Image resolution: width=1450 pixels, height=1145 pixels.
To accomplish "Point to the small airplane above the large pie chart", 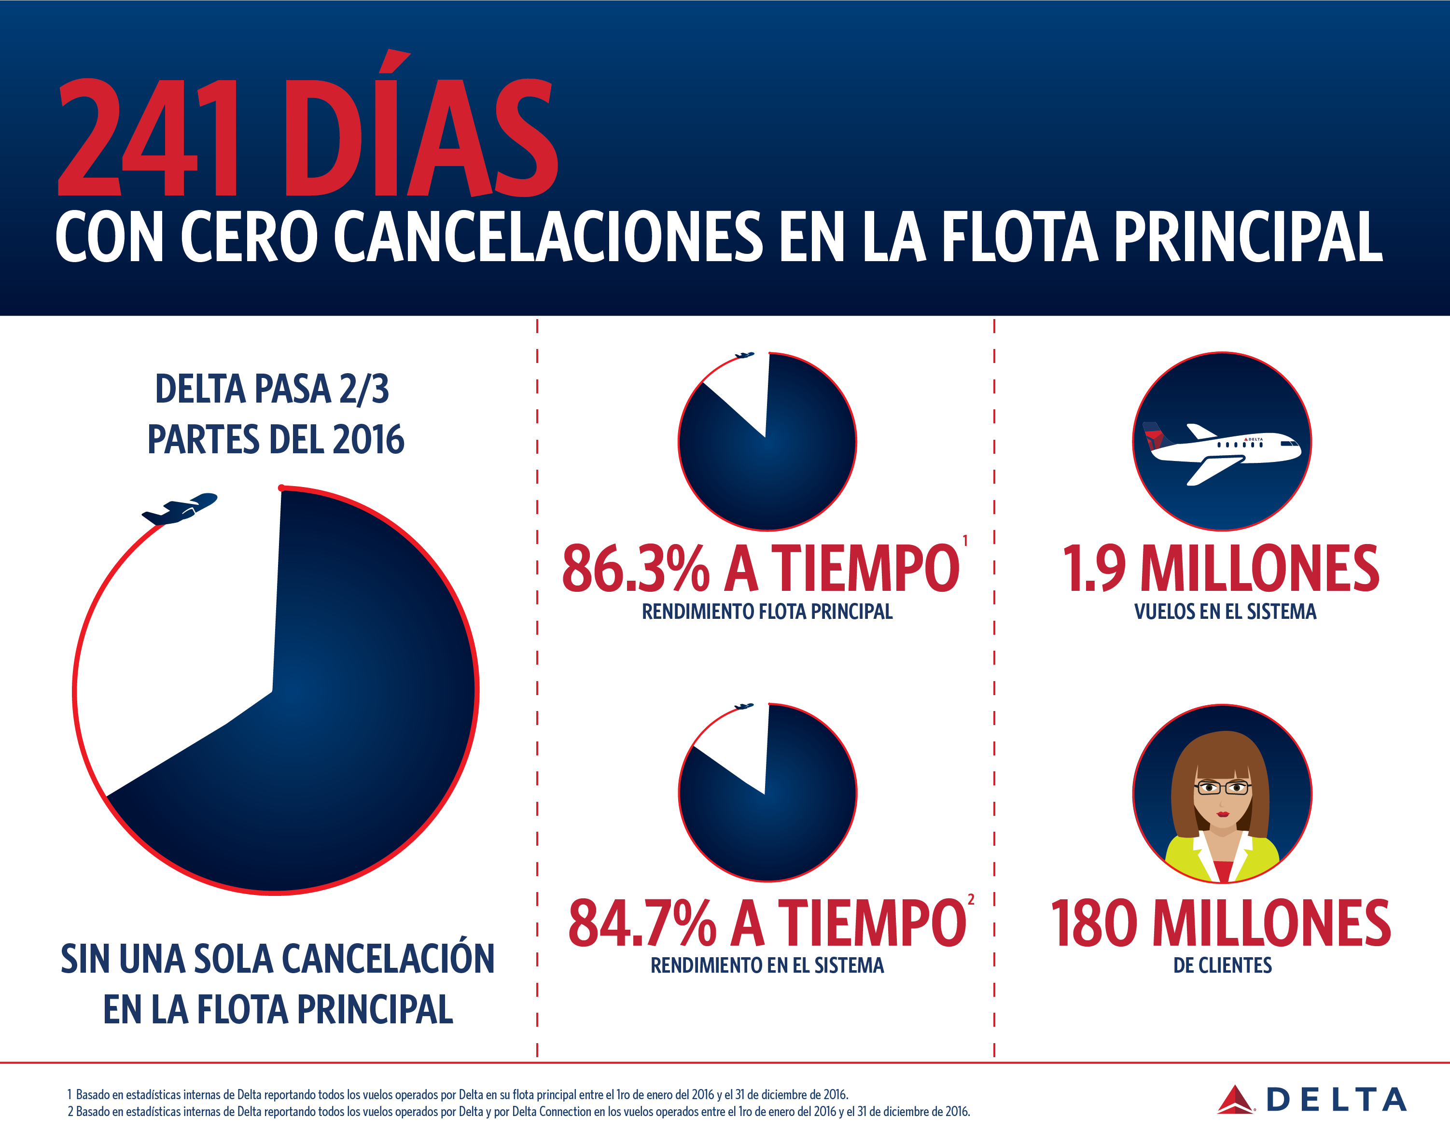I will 179,509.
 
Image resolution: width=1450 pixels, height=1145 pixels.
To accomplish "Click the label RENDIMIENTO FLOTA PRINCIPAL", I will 767,612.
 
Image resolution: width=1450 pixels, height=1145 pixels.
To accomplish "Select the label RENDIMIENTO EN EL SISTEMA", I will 767,965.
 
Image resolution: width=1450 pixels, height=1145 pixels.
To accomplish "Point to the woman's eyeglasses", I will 1222,788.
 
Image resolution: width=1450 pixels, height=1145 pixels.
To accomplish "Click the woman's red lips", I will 1223,814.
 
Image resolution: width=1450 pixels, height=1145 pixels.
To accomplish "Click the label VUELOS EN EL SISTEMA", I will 1225,612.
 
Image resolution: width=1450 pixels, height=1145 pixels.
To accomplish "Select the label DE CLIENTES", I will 1222,965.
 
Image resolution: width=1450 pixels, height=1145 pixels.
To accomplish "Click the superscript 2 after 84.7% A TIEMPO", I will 971,900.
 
